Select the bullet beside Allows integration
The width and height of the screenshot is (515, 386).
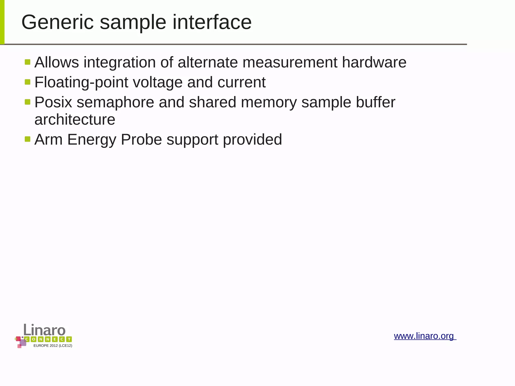28,62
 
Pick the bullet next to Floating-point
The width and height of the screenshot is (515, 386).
28,82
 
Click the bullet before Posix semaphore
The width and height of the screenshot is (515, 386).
28,102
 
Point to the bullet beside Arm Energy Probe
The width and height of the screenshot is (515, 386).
28,139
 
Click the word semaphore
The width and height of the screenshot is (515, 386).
115,102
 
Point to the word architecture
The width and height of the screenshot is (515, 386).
75,119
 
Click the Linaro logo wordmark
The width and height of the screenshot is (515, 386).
45,330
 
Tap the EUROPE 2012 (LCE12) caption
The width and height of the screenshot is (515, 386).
53,346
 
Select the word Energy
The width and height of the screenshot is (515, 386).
92,140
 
